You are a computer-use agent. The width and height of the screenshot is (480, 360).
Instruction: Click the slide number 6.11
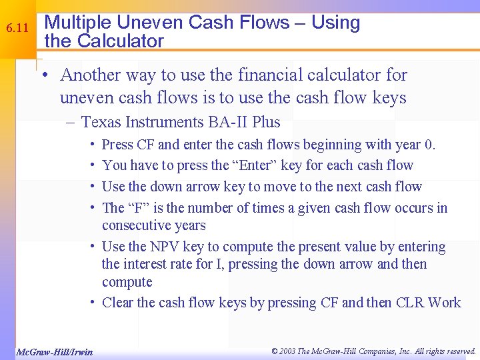[16, 29]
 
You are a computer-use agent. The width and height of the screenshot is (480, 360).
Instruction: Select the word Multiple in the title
[74, 23]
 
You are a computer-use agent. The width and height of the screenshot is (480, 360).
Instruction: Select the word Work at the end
[444, 303]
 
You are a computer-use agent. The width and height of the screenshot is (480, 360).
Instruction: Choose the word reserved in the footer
[457, 351]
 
